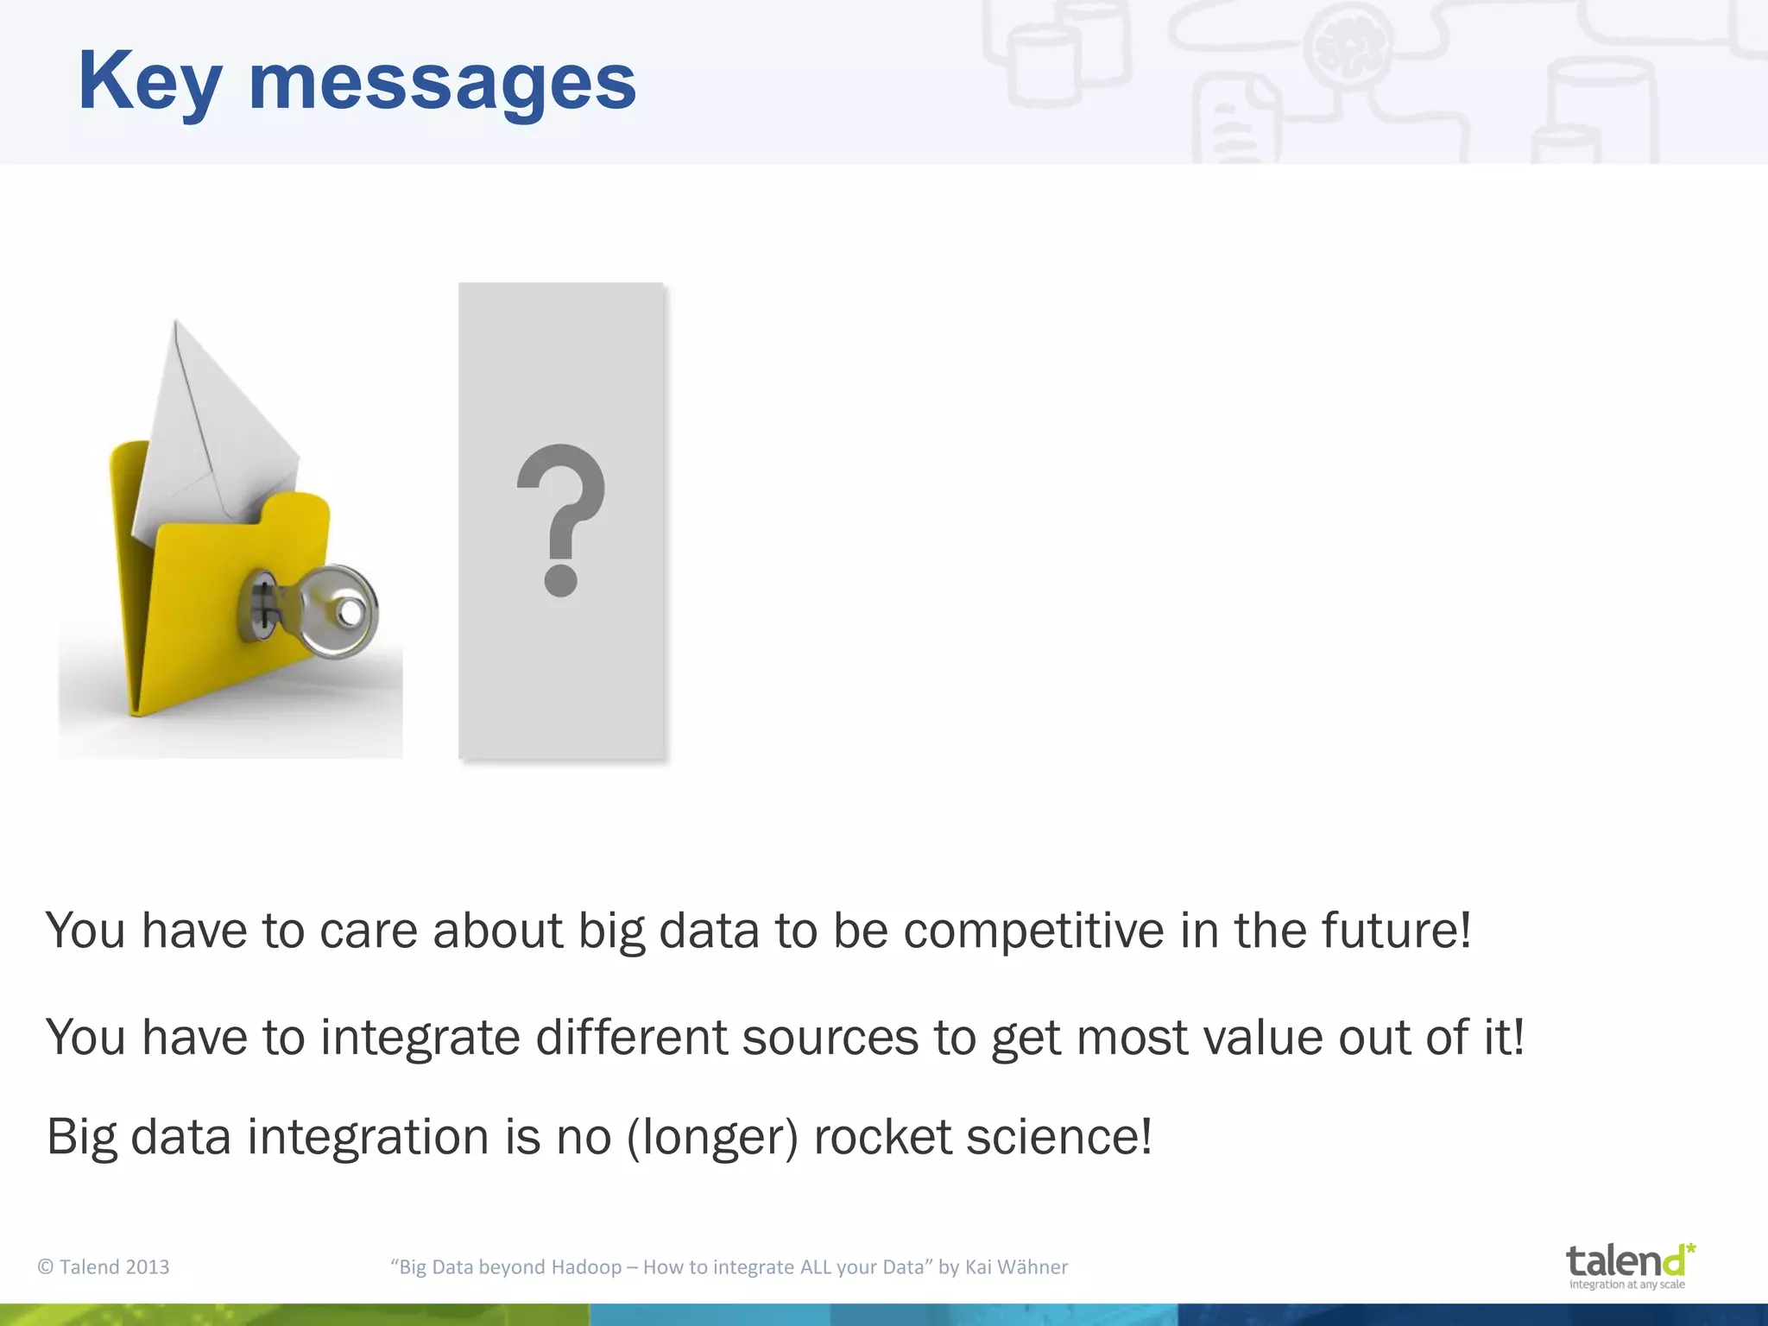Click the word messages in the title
pos(442,82)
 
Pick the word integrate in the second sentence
pos(420,1038)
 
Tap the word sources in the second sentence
pos(830,1038)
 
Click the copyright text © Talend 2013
pos(104,1267)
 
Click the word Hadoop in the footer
pos(586,1267)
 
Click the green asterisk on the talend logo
pos(1690,1249)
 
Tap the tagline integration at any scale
pos(1626,1285)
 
